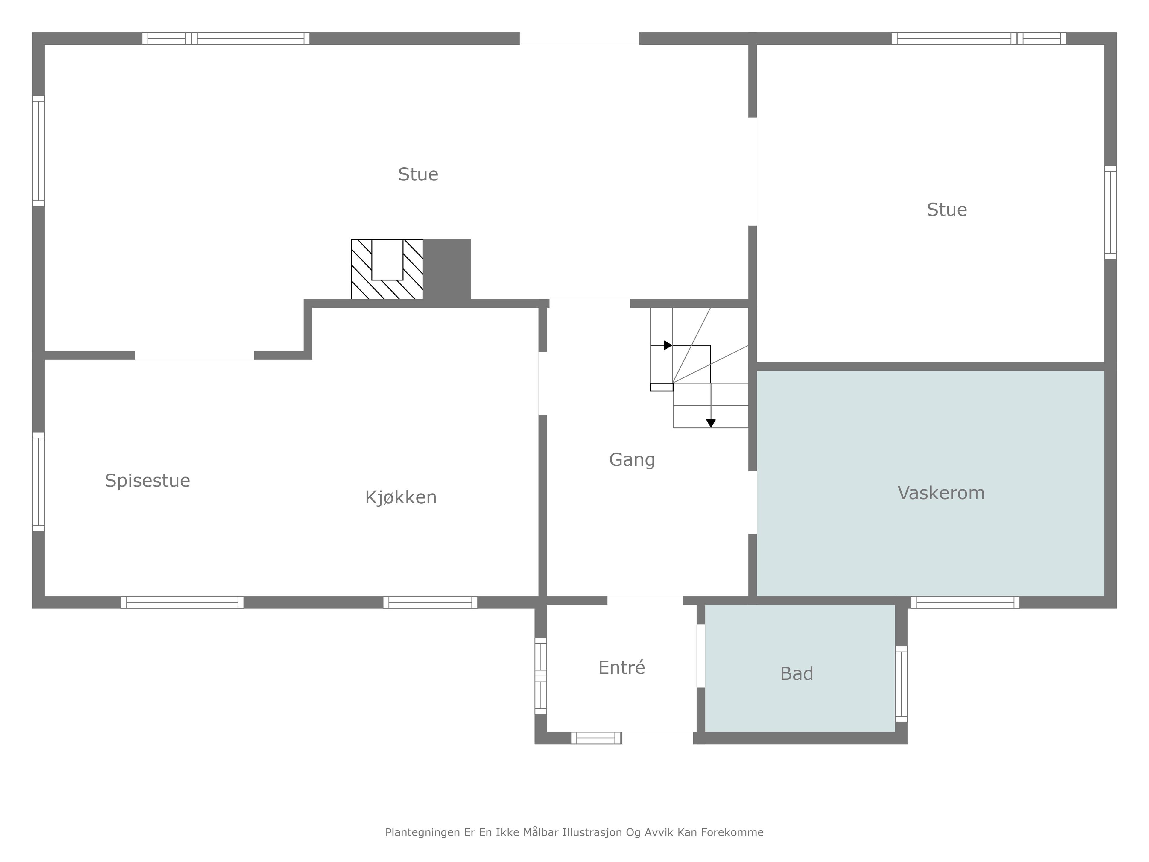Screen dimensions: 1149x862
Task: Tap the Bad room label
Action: click(x=796, y=673)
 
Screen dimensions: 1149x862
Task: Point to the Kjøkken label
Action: click(x=400, y=497)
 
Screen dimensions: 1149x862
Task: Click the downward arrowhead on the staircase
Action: click(x=711, y=424)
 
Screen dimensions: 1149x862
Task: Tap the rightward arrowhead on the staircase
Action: click(x=668, y=345)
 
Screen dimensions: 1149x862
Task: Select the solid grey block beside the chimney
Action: click(x=447, y=269)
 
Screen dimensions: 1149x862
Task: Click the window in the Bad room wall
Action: click(x=901, y=684)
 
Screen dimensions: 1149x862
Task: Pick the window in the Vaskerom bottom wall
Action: click(x=965, y=602)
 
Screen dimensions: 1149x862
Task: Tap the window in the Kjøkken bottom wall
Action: click(x=430, y=602)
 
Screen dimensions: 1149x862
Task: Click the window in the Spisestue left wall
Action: click(x=38, y=482)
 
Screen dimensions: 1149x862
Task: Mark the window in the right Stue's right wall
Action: click(x=1111, y=212)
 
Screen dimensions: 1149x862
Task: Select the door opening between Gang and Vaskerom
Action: click(x=753, y=503)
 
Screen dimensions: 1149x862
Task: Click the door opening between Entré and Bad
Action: click(x=701, y=656)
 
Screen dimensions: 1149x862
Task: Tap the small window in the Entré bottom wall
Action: click(x=596, y=738)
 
